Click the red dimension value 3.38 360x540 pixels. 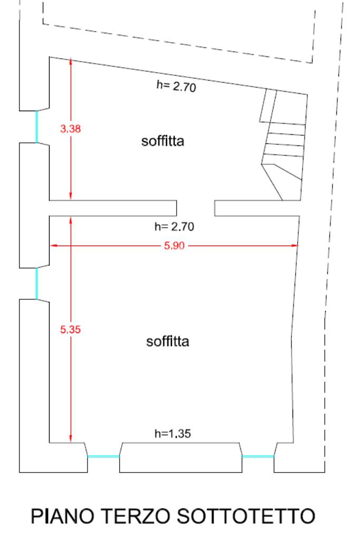(70, 129)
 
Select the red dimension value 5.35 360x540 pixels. (70, 330)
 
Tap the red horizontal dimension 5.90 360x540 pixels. (175, 246)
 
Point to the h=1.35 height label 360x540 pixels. (172, 434)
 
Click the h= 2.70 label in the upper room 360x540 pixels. (176, 86)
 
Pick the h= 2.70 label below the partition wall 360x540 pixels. (175, 227)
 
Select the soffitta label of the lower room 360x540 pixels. (168, 341)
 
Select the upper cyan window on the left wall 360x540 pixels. (36, 126)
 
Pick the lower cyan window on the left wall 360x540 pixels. (36, 283)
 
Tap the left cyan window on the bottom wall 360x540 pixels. (103, 456)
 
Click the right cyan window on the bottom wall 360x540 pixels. (258, 456)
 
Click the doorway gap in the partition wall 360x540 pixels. (195, 208)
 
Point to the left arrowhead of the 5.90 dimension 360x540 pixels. (53, 246)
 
